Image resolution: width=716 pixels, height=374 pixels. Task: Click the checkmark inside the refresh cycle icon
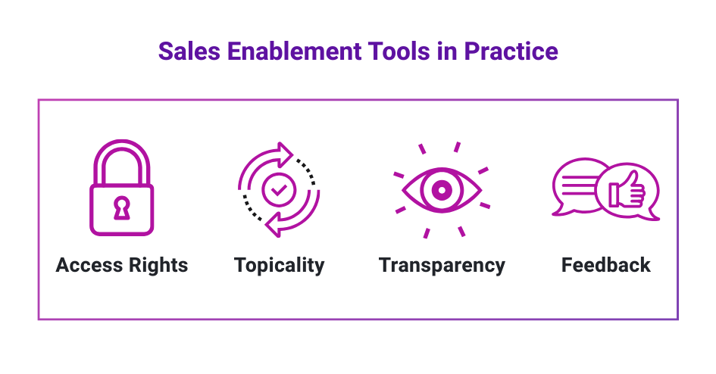[x=279, y=190]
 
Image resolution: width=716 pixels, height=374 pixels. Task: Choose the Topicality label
[x=279, y=266]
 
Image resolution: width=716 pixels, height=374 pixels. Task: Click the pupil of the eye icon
[x=442, y=189]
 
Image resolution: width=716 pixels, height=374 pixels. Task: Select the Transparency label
[x=442, y=266]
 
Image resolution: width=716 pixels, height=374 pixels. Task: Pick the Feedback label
[x=605, y=266]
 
